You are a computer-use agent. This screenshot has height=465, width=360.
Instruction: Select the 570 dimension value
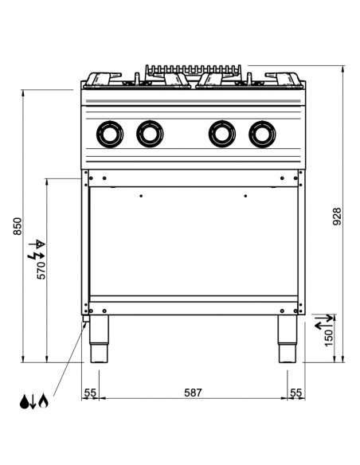[x=41, y=270]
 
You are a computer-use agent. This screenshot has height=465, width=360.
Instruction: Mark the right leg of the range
[x=287, y=339]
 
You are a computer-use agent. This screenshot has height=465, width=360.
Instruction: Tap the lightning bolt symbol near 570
[x=32, y=256]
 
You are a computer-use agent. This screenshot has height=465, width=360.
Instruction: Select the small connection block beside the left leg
[x=85, y=321]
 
